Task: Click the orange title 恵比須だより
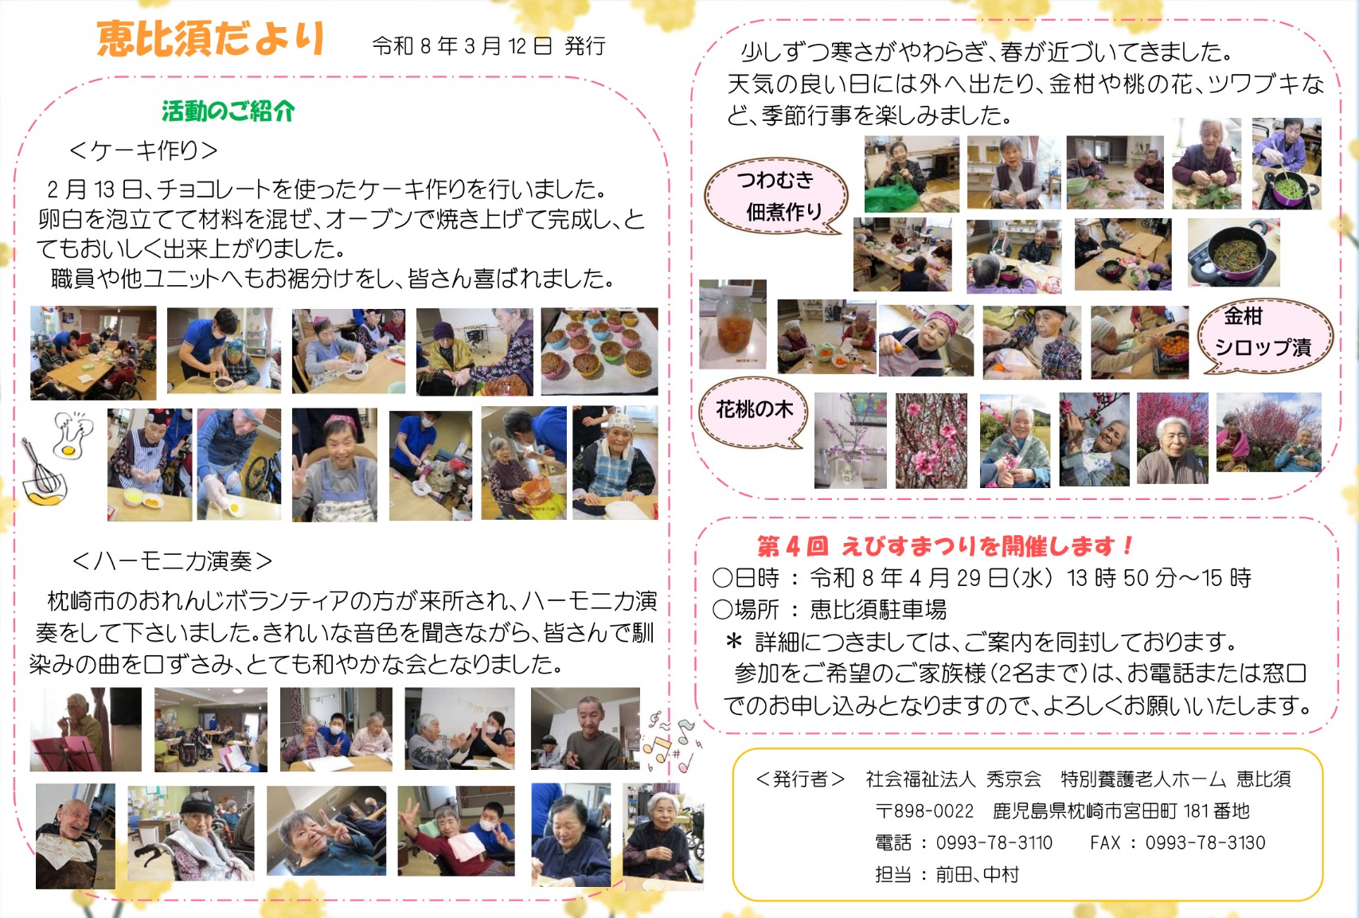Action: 210,40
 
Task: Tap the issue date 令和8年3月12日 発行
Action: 489,46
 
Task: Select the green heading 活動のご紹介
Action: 228,111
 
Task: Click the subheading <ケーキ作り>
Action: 144,150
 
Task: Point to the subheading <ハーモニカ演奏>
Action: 172,561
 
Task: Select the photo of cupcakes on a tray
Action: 599,351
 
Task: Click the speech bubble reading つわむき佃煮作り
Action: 776,195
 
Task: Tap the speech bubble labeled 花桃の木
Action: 752,412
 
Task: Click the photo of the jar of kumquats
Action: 733,324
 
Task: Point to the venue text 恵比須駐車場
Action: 878,609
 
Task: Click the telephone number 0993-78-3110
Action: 994,843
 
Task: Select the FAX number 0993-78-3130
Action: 1205,843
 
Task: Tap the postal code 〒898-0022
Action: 924,811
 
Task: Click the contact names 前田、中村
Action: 977,874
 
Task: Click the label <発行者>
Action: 800,779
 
